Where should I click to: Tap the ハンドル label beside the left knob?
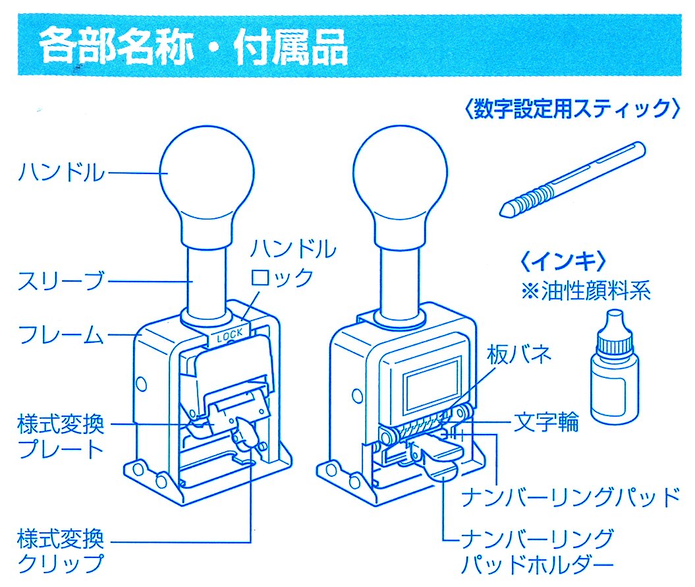point(61,172)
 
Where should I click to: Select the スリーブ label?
point(61,280)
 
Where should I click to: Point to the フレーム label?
point(61,334)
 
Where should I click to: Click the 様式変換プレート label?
point(61,436)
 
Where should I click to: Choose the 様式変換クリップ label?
point(61,551)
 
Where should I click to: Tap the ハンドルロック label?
point(292,263)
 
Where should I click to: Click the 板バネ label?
point(518,354)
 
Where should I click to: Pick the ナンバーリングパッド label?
point(570,497)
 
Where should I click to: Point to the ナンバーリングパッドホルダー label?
point(537,551)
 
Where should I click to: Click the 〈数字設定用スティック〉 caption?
point(572,109)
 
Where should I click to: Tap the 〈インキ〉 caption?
point(563,261)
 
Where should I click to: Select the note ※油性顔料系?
point(586,291)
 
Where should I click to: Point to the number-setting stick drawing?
point(572,179)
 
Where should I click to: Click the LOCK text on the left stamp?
point(230,336)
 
